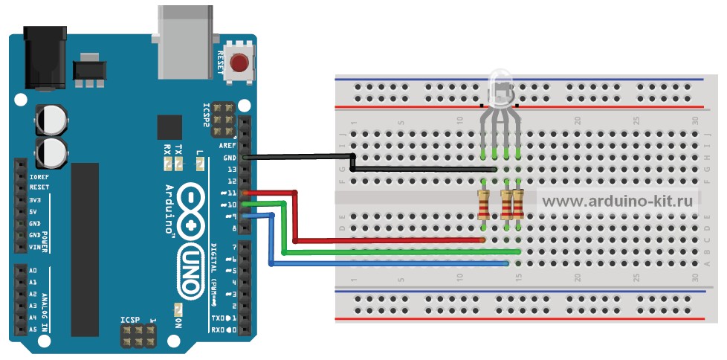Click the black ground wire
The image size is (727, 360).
297,157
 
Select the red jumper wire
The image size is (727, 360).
387,240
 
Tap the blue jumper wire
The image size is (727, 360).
387,263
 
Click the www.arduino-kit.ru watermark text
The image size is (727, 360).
616,200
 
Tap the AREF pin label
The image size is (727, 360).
227,146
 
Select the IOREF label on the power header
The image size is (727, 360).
39,178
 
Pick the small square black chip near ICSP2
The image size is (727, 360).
169,127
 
